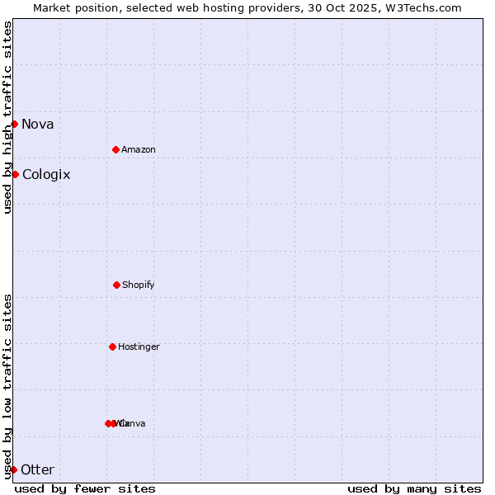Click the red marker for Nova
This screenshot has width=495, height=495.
click(14, 124)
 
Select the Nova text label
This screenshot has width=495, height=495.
click(38, 125)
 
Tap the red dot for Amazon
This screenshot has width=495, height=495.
click(115, 149)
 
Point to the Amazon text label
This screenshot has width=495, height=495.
click(139, 150)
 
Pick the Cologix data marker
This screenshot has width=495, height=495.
click(15, 174)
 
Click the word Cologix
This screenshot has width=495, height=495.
click(46, 175)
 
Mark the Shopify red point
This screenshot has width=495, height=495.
click(116, 285)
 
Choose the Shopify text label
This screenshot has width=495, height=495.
click(139, 285)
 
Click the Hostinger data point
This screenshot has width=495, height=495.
click(112, 346)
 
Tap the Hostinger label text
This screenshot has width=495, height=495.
click(139, 347)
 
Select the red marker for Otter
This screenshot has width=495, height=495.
click(13, 469)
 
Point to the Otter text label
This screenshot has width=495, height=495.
click(38, 470)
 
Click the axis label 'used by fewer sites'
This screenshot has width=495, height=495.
click(85, 488)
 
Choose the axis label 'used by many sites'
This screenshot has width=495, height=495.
click(414, 488)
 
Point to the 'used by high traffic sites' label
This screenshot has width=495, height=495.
click(7, 117)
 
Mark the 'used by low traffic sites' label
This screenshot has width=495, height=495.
click(7, 386)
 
